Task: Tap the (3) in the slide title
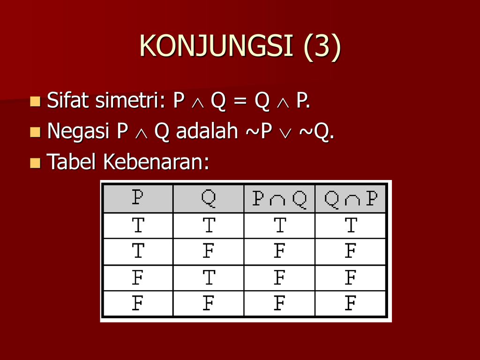pyautogui.click(x=322, y=46)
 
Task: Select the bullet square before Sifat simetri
pyautogui.click(x=35, y=101)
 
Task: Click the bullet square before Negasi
pyautogui.click(x=35, y=132)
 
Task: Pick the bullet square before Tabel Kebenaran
pyautogui.click(x=35, y=163)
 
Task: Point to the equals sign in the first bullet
pyautogui.click(x=240, y=101)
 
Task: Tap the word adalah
pyautogui.click(x=207, y=131)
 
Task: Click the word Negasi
pyautogui.click(x=78, y=132)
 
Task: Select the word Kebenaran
pyautogui.click(x=156, y=162)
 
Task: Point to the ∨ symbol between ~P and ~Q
pyautogui.click(x=285, y=134)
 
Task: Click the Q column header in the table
pyautogui.click(x=209, y=199)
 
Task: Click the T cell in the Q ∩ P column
pyautogui.click(x=351, y=225)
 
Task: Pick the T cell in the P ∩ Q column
pyautogui.click(x=280, y=225)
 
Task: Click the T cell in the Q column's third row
pyautogui.click(x=209, y=277)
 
